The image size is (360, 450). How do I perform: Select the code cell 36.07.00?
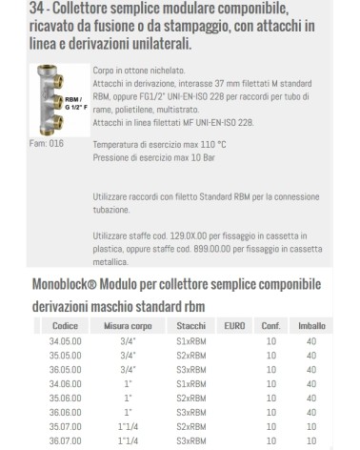pos(65,440)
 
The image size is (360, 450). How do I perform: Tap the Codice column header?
pos(65,326)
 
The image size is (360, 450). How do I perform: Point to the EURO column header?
pos(233,326)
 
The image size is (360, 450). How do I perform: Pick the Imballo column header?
pos(313,326)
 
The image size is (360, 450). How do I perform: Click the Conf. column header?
pos(270,326)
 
